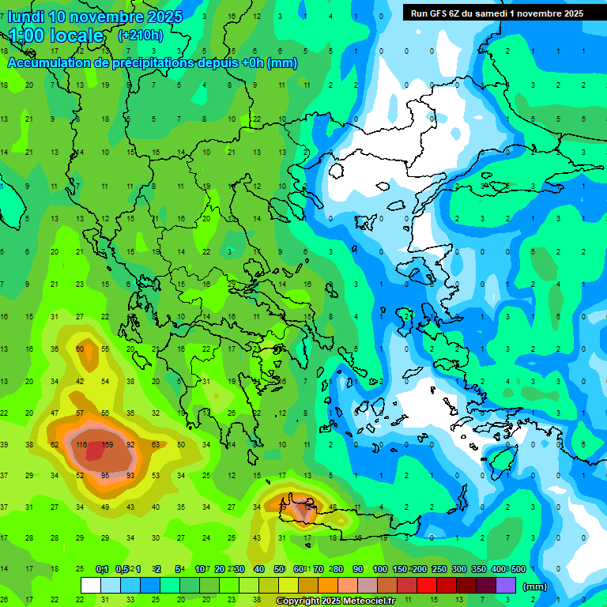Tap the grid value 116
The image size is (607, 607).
(81, 445)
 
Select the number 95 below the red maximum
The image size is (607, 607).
(106, 475)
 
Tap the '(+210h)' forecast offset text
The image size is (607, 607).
(141, 36)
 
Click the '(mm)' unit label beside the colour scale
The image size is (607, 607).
(535, 586)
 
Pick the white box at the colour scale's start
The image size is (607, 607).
(91, 586)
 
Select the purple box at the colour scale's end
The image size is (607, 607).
(505, 586)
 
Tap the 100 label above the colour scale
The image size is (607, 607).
(380, 569)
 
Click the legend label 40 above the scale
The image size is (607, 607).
(259, 569)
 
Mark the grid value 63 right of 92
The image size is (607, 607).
(156, 445)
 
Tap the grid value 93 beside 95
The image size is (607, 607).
(130, 475)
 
